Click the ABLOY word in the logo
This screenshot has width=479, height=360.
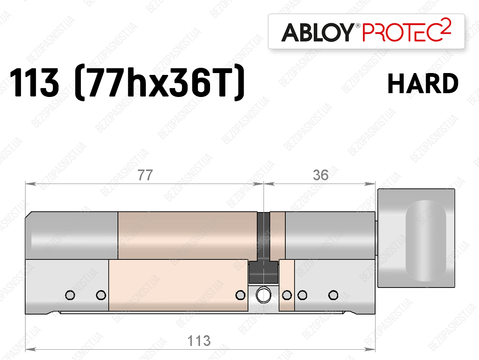coord(318,32)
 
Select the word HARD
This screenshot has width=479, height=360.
coord(423,83)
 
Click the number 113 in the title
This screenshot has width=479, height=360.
coord(34,82)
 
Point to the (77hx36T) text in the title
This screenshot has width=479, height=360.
coord(160,82)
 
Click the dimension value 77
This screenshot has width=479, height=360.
coord(145,175)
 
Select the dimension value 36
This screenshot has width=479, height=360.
coord(320,175)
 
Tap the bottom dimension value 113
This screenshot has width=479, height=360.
coord(199,341)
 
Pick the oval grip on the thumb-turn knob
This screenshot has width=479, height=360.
coord(426,241)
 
